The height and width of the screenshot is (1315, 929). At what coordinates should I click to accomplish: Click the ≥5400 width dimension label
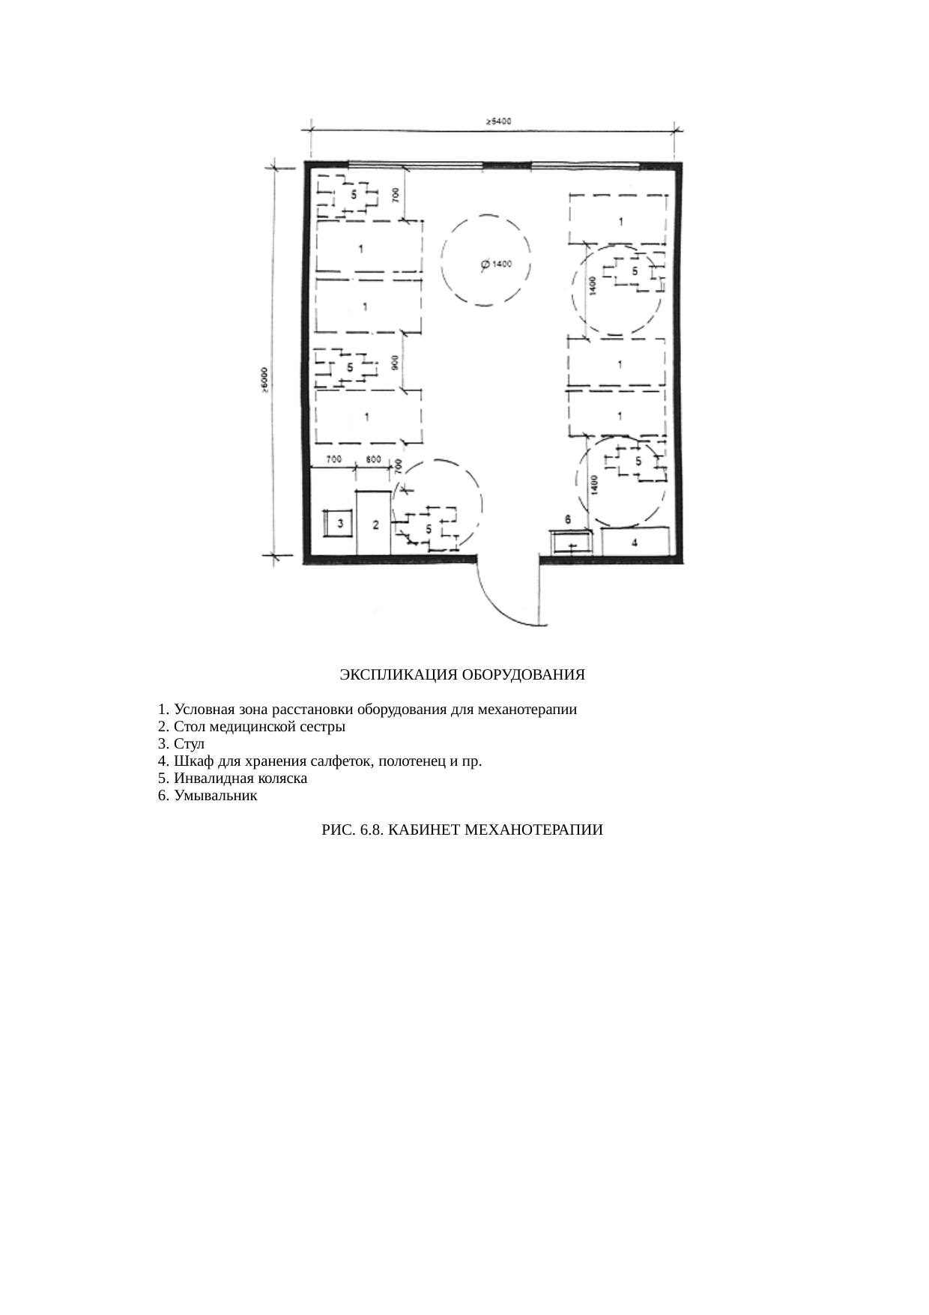pyautogui.click(x=498, y=121)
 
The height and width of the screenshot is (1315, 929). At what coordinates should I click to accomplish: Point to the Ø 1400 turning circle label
pyautogui.click(x=495, y=264)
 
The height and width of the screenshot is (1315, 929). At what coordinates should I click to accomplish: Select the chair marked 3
pyautogui.click(x=340, y=523)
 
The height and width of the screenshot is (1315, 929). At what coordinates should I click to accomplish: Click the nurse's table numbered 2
pyautogui.click(x=375, y=523)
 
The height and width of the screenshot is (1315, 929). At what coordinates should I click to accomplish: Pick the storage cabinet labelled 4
pyautogui.click(x=635, y=541)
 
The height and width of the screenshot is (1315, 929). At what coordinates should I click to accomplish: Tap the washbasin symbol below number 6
pyautogui.click(x=571, y=541)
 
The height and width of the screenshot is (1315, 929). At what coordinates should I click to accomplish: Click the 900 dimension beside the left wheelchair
pyautogui.click(x=395, y=362)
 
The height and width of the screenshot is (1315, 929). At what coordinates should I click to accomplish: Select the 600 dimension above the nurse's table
pyautogui.click(x=372, y=459)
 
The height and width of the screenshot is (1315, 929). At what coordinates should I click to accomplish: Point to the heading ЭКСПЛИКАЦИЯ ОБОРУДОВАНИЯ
pyautogui.click(x=462, y=674)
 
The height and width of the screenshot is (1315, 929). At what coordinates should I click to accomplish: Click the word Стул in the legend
pyautogui.click(x=189, y=744)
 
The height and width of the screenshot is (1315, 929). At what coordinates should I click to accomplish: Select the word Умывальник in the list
pyautogui.click(x=216, y=796)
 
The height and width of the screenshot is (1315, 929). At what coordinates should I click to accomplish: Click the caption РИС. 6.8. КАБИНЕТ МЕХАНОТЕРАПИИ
pyautogui.click(x=462, y=830)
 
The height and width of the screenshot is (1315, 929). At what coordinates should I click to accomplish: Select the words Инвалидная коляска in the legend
pyautogui.click(x=240, y=779)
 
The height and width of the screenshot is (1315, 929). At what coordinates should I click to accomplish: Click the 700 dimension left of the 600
pyautogui.click(x=334, y=459)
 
